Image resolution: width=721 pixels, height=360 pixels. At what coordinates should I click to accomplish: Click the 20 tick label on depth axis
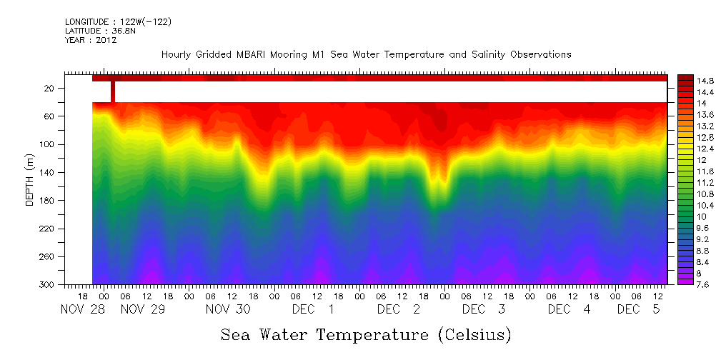tap(50, 88)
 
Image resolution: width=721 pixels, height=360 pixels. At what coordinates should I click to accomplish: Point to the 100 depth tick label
tap(48, 144)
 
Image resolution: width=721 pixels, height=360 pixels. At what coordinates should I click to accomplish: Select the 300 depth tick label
tap(48, 284)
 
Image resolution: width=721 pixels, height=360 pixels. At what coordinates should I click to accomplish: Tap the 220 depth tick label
tap(48, 229)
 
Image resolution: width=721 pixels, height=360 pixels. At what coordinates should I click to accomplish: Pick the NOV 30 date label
tap(228, 309)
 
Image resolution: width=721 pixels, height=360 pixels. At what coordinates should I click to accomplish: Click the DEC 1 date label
tap(314, 309)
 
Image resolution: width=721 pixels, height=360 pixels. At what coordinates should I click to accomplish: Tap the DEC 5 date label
tap(639, 309)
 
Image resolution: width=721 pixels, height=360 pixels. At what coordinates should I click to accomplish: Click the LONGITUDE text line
tap(118, 22)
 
